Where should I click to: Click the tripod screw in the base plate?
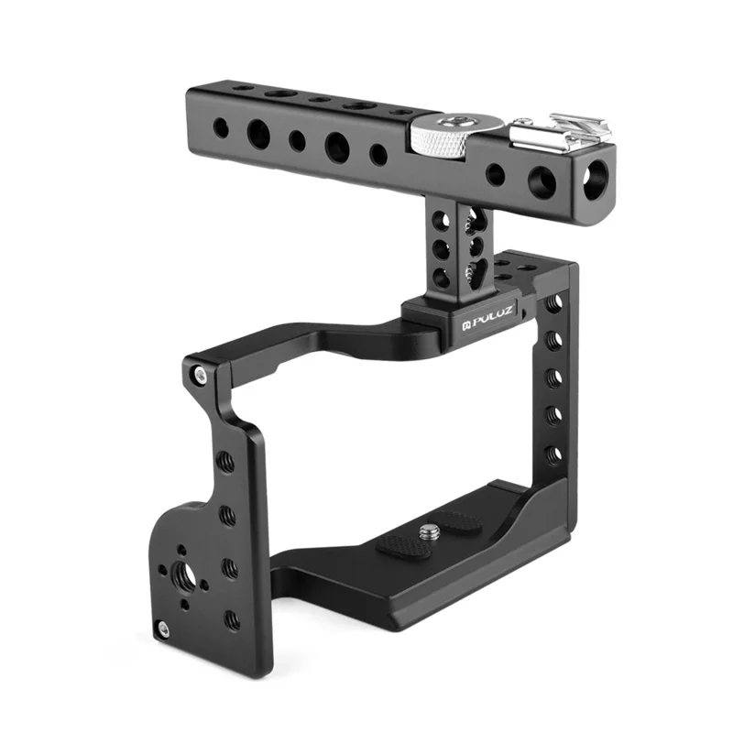tap(428, 530)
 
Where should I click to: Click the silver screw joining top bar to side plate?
tap(198, 375)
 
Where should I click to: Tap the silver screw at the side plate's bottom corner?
tap(163, 629)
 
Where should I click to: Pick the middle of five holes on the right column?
tap(553, 377)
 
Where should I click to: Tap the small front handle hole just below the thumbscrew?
tap(496, 173)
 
